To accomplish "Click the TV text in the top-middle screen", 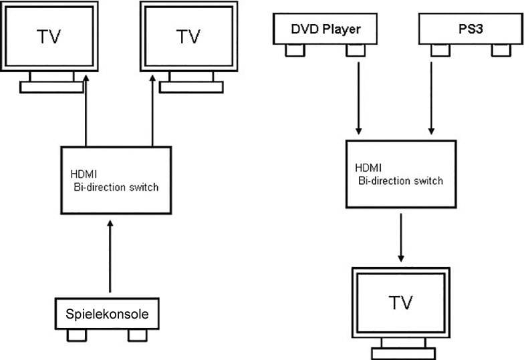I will (x=188, y=37).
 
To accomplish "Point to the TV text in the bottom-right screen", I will (x=400, y=302).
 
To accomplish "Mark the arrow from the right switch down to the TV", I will (x=400, y=237).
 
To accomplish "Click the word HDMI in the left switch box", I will (x=82, y=175).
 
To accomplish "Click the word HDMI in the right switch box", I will (x=368, y=169).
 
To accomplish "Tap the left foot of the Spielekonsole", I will (x=74, y=336).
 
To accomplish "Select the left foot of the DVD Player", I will (x=294, y=51).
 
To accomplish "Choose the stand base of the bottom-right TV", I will (x=404, y=353).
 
